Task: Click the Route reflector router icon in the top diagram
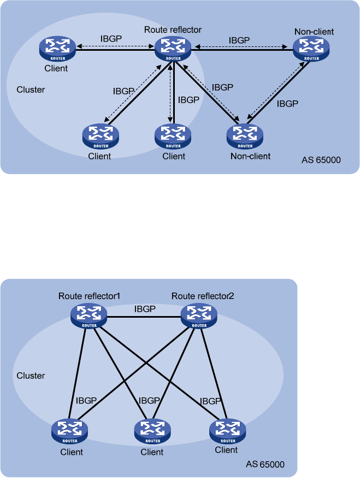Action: [x=173, y=49]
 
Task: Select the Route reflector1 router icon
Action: [x=88, y=316]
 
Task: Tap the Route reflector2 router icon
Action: [x=199, y=316]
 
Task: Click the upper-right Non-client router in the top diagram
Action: [x=311, y=49]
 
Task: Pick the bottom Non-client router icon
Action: [x=245, y=136]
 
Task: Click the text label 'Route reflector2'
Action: [x=203, y=296]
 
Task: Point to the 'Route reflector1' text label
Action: [x=90, y=296]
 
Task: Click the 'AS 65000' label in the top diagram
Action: [x=321, y=160]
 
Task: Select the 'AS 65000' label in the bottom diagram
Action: [x=265, y=464]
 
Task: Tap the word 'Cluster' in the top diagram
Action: [x=31, y=90]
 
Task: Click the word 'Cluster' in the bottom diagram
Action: [x=31, y=376]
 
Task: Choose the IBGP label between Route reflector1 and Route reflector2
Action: [x=145, y=308]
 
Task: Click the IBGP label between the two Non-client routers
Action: [x=287, y=104]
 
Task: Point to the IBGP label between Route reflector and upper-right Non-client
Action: [x=239, y=40]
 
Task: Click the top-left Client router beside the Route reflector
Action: [x=57, y=49]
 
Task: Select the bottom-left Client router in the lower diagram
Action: [x=69, y=431]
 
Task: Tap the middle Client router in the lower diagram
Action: [x=152, y=431]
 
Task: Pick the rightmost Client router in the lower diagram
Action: [x=228, y=431]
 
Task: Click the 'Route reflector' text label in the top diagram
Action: [x=173, y=29]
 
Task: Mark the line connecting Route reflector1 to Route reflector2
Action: [x=144, y=317]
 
